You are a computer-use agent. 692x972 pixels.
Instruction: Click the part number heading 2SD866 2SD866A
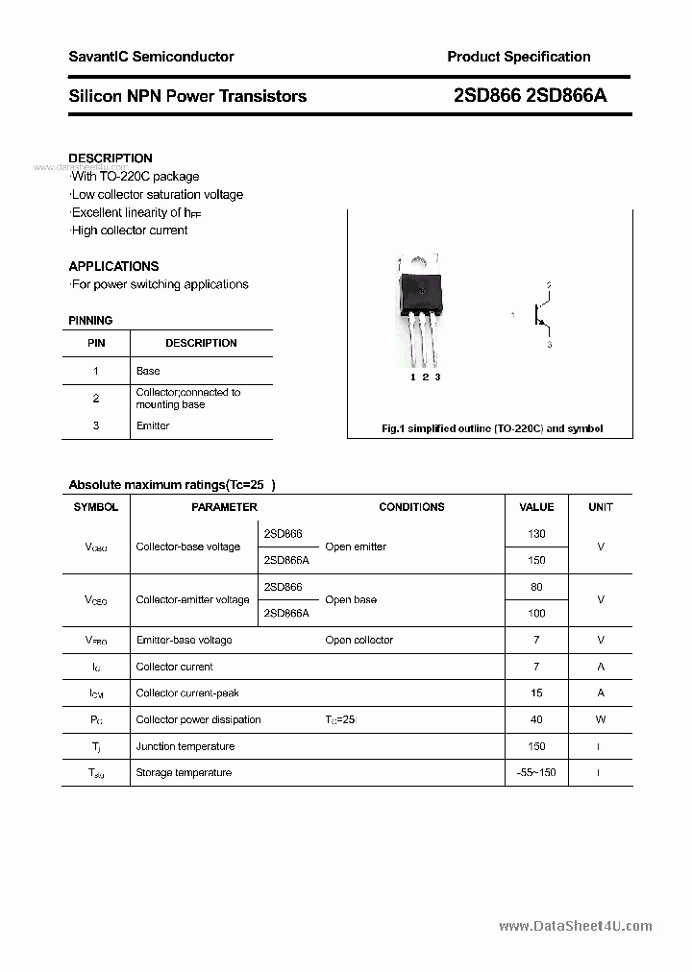point(530,96)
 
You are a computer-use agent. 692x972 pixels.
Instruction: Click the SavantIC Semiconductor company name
point(151,57)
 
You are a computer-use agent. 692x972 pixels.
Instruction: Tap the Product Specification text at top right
point(518,57)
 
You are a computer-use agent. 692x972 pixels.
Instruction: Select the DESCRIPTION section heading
point(111,158)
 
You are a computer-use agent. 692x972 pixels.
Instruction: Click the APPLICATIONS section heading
point(113,266)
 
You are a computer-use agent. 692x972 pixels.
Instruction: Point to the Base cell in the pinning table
point(148,371)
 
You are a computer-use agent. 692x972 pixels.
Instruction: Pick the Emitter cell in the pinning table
point(153,425)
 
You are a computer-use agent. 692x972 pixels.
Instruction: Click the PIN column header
point(96,343)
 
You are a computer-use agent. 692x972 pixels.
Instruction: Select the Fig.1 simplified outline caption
point(491,428)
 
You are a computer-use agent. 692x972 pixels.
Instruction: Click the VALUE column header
point(536,507)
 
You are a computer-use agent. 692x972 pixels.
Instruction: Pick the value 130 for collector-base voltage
point(536,534)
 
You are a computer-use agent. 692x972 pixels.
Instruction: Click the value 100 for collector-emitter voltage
point(536,613)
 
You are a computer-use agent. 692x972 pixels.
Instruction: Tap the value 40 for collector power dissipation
point(536,719)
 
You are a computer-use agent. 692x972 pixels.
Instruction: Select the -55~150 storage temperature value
point(535,773)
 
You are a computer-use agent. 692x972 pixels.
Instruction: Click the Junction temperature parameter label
point(185,746)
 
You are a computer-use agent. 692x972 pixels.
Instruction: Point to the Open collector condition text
point(358,640)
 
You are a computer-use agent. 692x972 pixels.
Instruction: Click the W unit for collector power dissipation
point(601,719)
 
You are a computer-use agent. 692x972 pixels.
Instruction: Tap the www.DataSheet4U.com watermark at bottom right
point(576,926)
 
